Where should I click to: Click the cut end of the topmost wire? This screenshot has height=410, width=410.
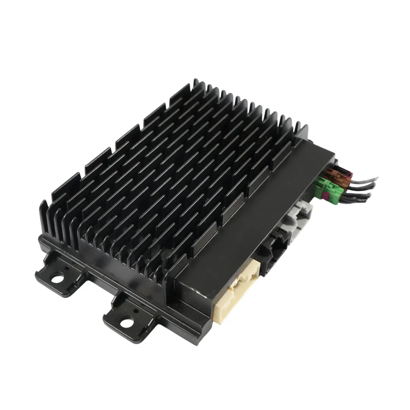coord(377,178)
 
